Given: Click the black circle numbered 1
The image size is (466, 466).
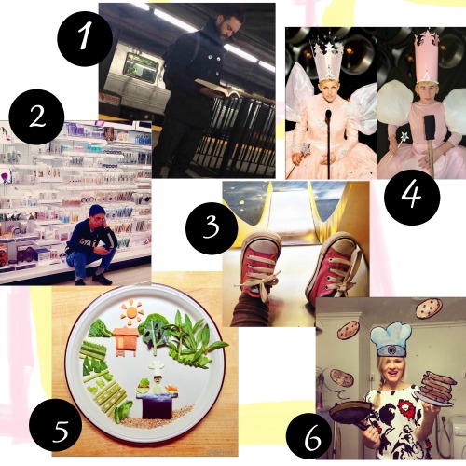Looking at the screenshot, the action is pyautogui.click(x=85, y=38).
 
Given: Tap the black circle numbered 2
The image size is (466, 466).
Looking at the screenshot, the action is pyautogui.click(x=36, y=117).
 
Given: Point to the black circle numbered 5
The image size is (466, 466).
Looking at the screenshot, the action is pyautogui.click(x=57, y=425).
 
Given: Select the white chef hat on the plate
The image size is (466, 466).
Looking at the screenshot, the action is pyautogui.click(x=157, y=367).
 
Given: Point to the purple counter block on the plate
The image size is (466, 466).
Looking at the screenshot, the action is pyautogui.click(x=157, y=406).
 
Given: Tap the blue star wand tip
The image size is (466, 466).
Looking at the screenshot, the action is pyautogui.click(x=404, y=136).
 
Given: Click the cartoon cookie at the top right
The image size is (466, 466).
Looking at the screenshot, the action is pyautogui.click(x=429, y=308).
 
